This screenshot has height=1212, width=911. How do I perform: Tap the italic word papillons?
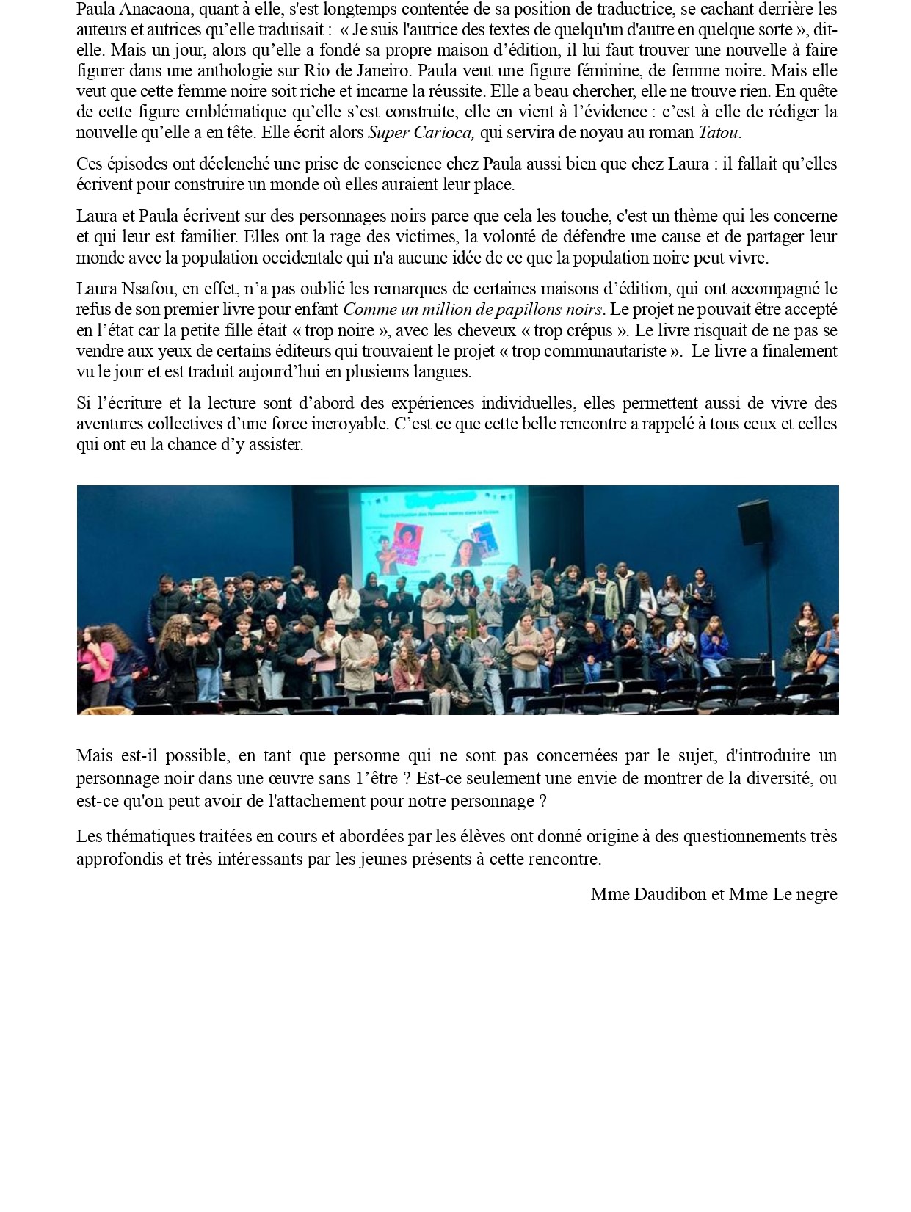[520, 309]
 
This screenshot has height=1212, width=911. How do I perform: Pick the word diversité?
[774, 777]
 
